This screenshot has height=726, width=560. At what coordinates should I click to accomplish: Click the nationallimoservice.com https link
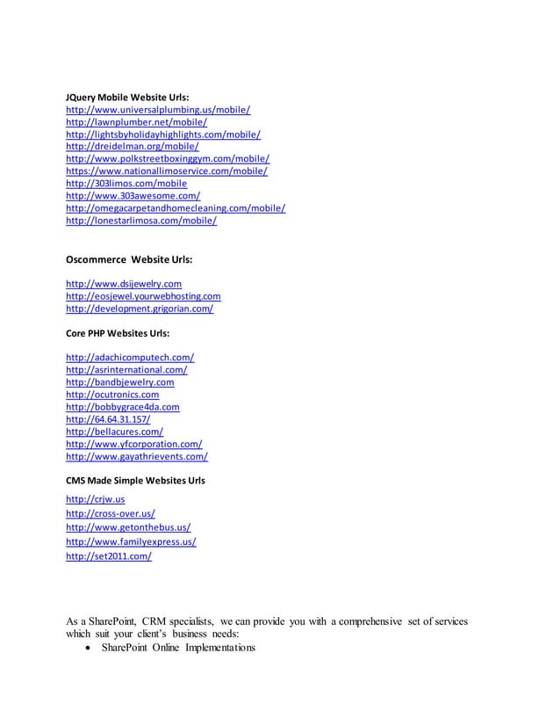click(167, 171)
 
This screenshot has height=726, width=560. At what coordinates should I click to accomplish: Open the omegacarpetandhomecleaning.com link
click(176, 208)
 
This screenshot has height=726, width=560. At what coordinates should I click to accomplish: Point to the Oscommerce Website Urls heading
click(129, 260)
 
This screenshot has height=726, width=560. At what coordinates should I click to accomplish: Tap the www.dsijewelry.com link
click(124, 284)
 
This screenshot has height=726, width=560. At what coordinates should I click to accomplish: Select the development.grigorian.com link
click(140, 309)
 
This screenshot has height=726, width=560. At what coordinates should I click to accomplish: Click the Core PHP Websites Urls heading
click(118, 334)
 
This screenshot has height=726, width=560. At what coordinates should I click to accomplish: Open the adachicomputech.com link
click(131, 358)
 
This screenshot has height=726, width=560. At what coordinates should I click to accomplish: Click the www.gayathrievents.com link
click(137, 457)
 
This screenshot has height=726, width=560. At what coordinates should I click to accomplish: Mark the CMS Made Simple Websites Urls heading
click(136, 481)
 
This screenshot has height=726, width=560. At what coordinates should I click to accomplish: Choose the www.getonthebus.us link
click(129, 527)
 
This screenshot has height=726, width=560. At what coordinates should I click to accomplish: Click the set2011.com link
click(109, 556)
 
